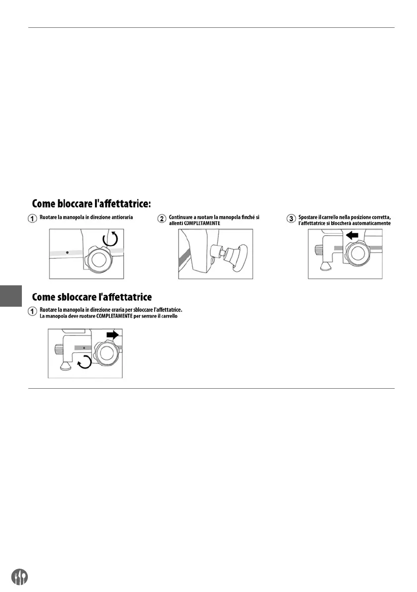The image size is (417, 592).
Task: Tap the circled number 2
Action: (x=162, y=218)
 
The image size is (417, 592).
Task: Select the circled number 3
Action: (x=292, y=218)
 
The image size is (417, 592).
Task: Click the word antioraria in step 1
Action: (x=122, y=217)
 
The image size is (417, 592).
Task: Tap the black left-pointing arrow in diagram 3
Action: (x=352, y=235)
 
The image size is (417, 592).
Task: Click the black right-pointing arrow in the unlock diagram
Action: (x=113, y=335)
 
